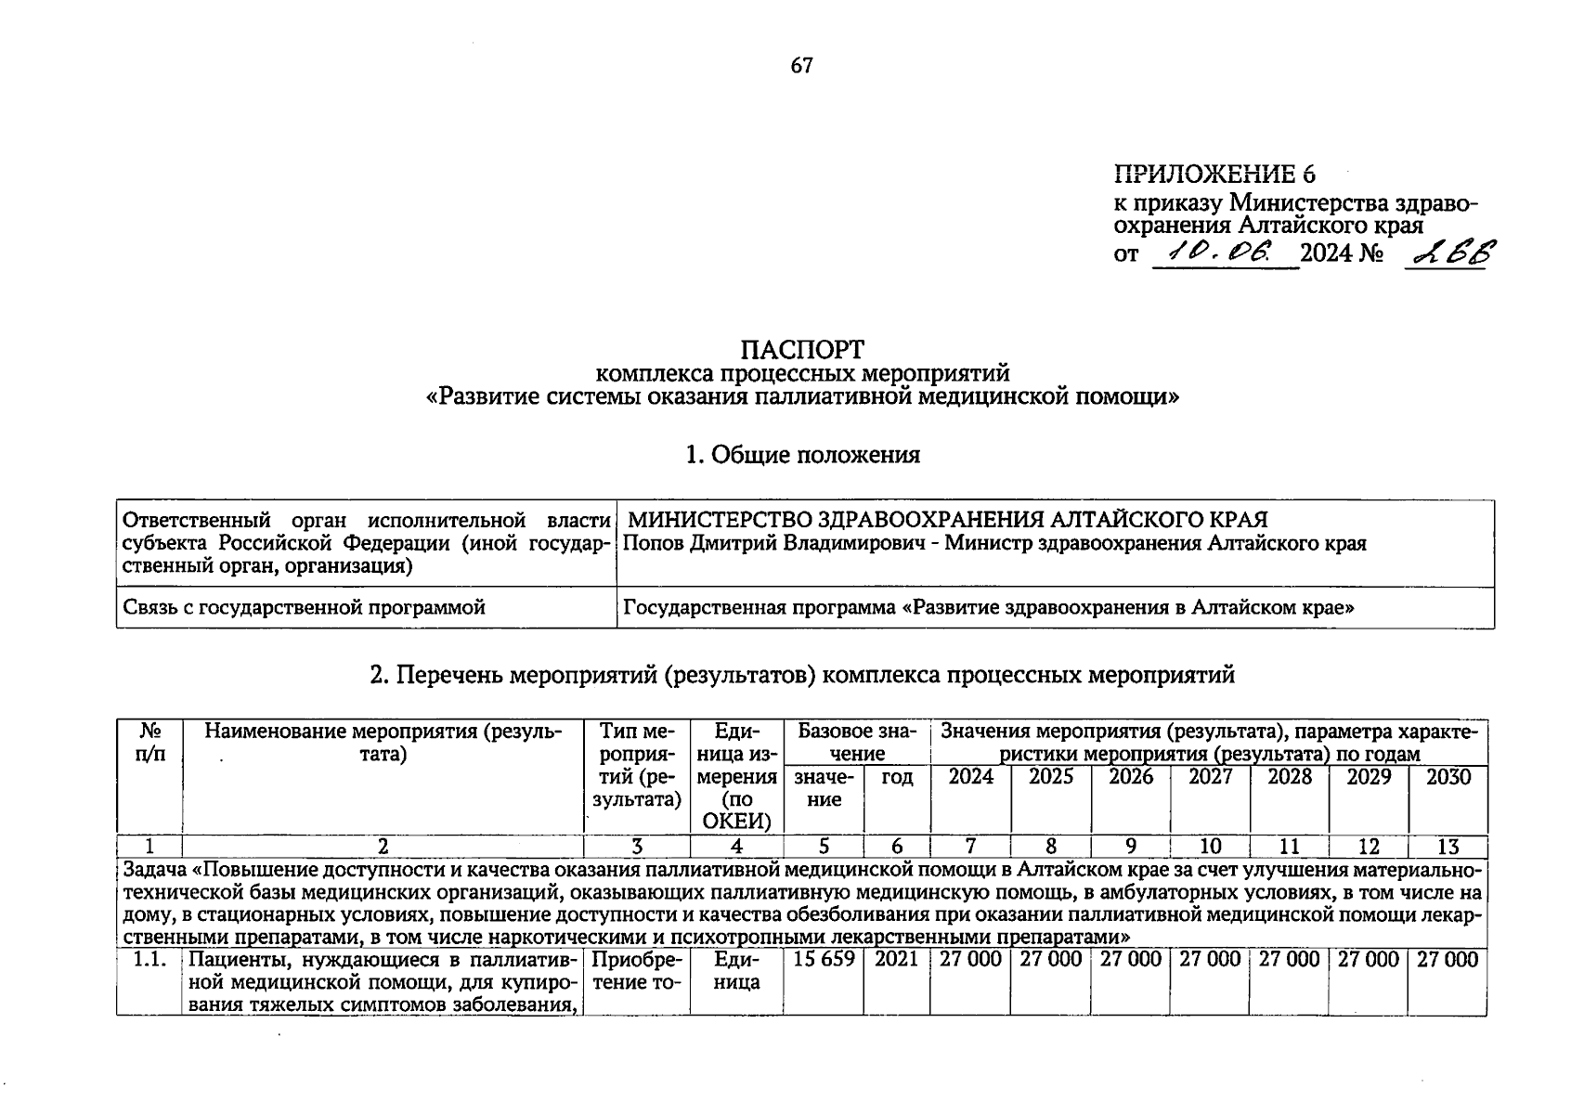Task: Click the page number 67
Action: [802, 65]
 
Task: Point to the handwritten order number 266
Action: [1449, 252]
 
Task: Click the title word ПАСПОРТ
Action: [802, 350]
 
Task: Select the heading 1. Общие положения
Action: [802, 455]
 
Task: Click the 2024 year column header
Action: [970, 777]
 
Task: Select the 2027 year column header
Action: [1210, 777]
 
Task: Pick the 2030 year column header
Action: [1448, 777]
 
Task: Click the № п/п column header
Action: [149, 743]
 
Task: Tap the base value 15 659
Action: [824, 960]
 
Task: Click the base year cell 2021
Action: [896, 960]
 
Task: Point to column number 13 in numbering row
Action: [1448, 846]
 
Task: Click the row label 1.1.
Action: [149, 960]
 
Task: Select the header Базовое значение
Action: [856, 742]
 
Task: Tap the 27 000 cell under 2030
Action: [1448, 960]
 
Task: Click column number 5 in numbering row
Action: [824, 846]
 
